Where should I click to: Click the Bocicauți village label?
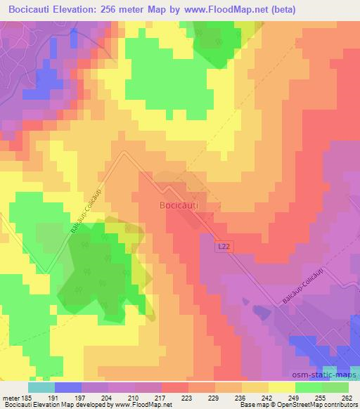pyautogui.click(x=179, y=205)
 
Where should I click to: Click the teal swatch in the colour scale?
pyautogui.click(x=41, y=387)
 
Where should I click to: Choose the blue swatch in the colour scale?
pyautogui.click(x=67, y=387)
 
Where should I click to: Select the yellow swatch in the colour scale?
pyautogui.click(x=281, y=387)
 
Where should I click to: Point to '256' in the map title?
pyautogui.click(x=122, y=9)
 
